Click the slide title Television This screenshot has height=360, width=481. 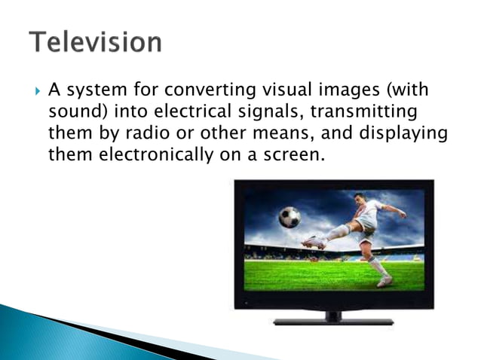(95, 41)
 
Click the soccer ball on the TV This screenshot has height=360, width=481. (290, 217)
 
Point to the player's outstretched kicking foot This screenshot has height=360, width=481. (311, 243)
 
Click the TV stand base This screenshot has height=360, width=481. (333, 322)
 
